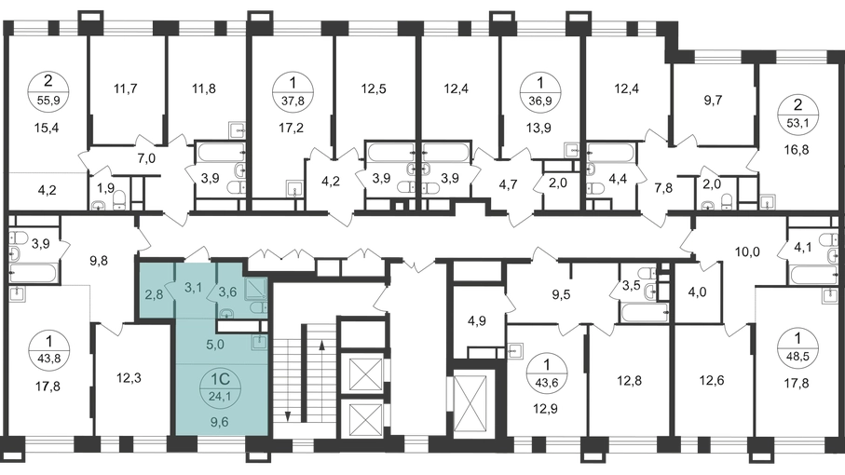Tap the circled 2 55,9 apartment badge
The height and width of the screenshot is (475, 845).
(x=48, y=90)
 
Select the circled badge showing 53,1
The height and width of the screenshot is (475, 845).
(x=798, y=114)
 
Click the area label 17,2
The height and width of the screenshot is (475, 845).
(x=293, y=129)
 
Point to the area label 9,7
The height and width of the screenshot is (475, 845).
(x=713, y=101)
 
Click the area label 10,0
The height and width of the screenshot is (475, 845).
(x=747, y=251)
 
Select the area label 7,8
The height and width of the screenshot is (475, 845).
(x=663, y=188)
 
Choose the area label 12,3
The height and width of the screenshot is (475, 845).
(x=129, y=378)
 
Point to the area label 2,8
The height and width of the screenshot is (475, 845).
(x=154, y=294)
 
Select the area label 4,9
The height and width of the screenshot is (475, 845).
(x=477, y=321)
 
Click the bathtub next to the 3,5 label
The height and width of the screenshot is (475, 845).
(x=645, y=312)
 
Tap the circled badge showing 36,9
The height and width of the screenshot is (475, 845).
(x=541, y=90)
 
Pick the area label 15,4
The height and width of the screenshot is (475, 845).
(x=46, y=129)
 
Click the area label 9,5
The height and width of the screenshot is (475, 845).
(x=561, y=295)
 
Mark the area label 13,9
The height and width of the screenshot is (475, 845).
(x=538, y=129)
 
